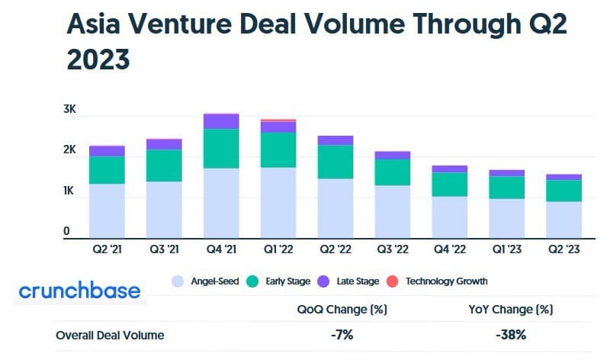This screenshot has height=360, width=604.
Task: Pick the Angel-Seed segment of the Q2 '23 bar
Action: click(x=564, y=220)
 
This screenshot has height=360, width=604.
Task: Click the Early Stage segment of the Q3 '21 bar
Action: click(x=164, y=166)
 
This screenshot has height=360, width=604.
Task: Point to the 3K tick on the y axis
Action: click(x=70, y=110)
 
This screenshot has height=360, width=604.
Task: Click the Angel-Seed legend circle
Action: click(x=178, y=281)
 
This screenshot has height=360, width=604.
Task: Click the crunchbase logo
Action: click(x=79, y=291)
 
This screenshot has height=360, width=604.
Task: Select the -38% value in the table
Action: click(x=510, y=334)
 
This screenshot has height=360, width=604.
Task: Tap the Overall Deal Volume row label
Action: click(x=110, y=334)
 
